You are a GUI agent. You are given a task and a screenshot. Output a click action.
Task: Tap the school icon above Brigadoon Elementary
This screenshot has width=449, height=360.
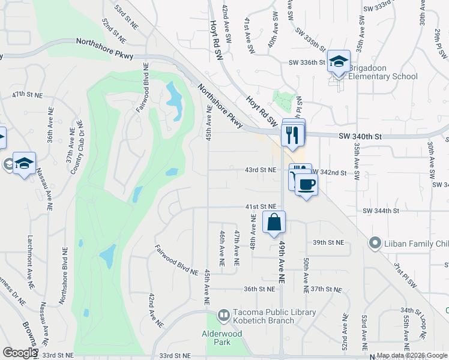pyautogui.click(x=339, y=61)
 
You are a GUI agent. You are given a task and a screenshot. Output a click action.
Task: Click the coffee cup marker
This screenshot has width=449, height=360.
pyautogui.click(x=306, y=184)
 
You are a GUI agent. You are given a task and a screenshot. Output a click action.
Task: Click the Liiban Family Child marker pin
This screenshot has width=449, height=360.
pyautogui.click(x=375, y=243)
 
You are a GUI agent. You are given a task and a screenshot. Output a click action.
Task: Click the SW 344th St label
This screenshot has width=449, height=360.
pyautogui.click(x=381, y=211)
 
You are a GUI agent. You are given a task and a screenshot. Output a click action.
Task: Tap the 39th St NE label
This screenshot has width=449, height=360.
pyautogui.click(x=328, y=242)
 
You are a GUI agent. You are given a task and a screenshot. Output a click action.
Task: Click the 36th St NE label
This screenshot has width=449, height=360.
pyautogui.click(x=259, y=289)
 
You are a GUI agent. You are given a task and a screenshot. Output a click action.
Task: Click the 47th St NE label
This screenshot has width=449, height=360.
pyautogui.click(x=28, y=95)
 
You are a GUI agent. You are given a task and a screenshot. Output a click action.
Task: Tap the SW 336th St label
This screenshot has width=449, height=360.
pyautogui.click(x=306, y=62)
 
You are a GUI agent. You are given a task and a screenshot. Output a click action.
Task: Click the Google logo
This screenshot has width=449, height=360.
pyautogui.click(x=19, y=353)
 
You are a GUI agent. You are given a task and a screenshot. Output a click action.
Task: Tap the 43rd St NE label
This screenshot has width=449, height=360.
pyautogui.click(x=261, y=170)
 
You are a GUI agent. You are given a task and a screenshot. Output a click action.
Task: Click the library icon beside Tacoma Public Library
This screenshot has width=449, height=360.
pyautogui.click(x=223, y=315)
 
